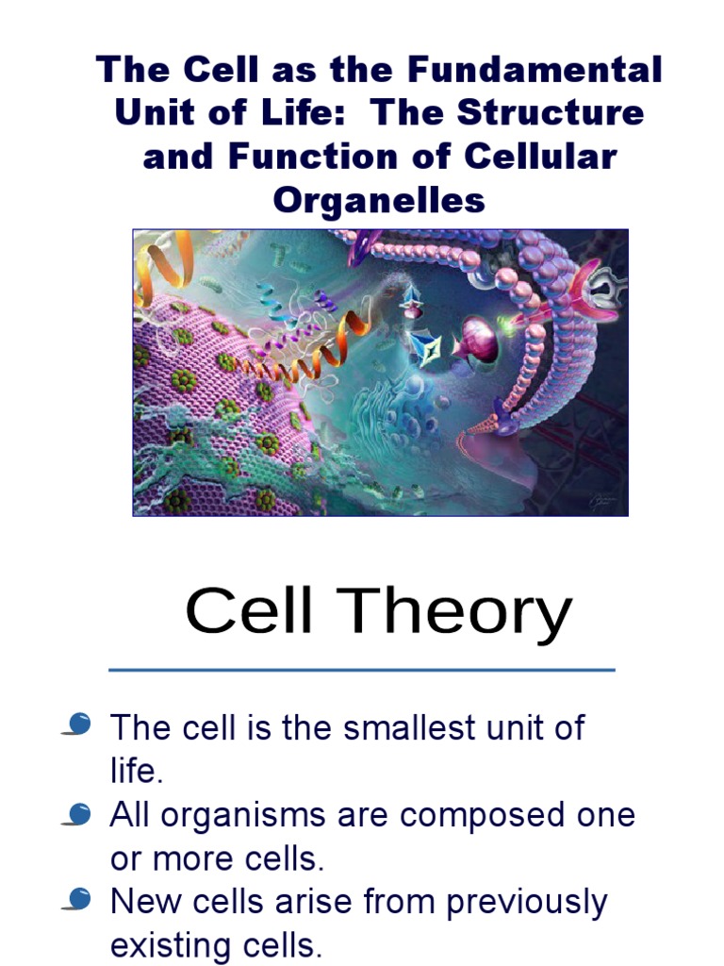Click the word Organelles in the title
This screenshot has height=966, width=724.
pyautogui.click(x=379, y=199)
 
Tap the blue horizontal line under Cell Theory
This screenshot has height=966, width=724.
pyautogui.click(x=362, y=670)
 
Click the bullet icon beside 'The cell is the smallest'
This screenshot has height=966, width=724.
pyautogui.click(x=77, y=724)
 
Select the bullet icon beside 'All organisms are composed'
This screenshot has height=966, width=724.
pyautogui.click(x=77, y=812)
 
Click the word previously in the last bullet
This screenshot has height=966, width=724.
pyautogui.click(x=527, y=903)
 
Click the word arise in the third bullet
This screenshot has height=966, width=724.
pyautogui.click(x=324, y=903)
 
